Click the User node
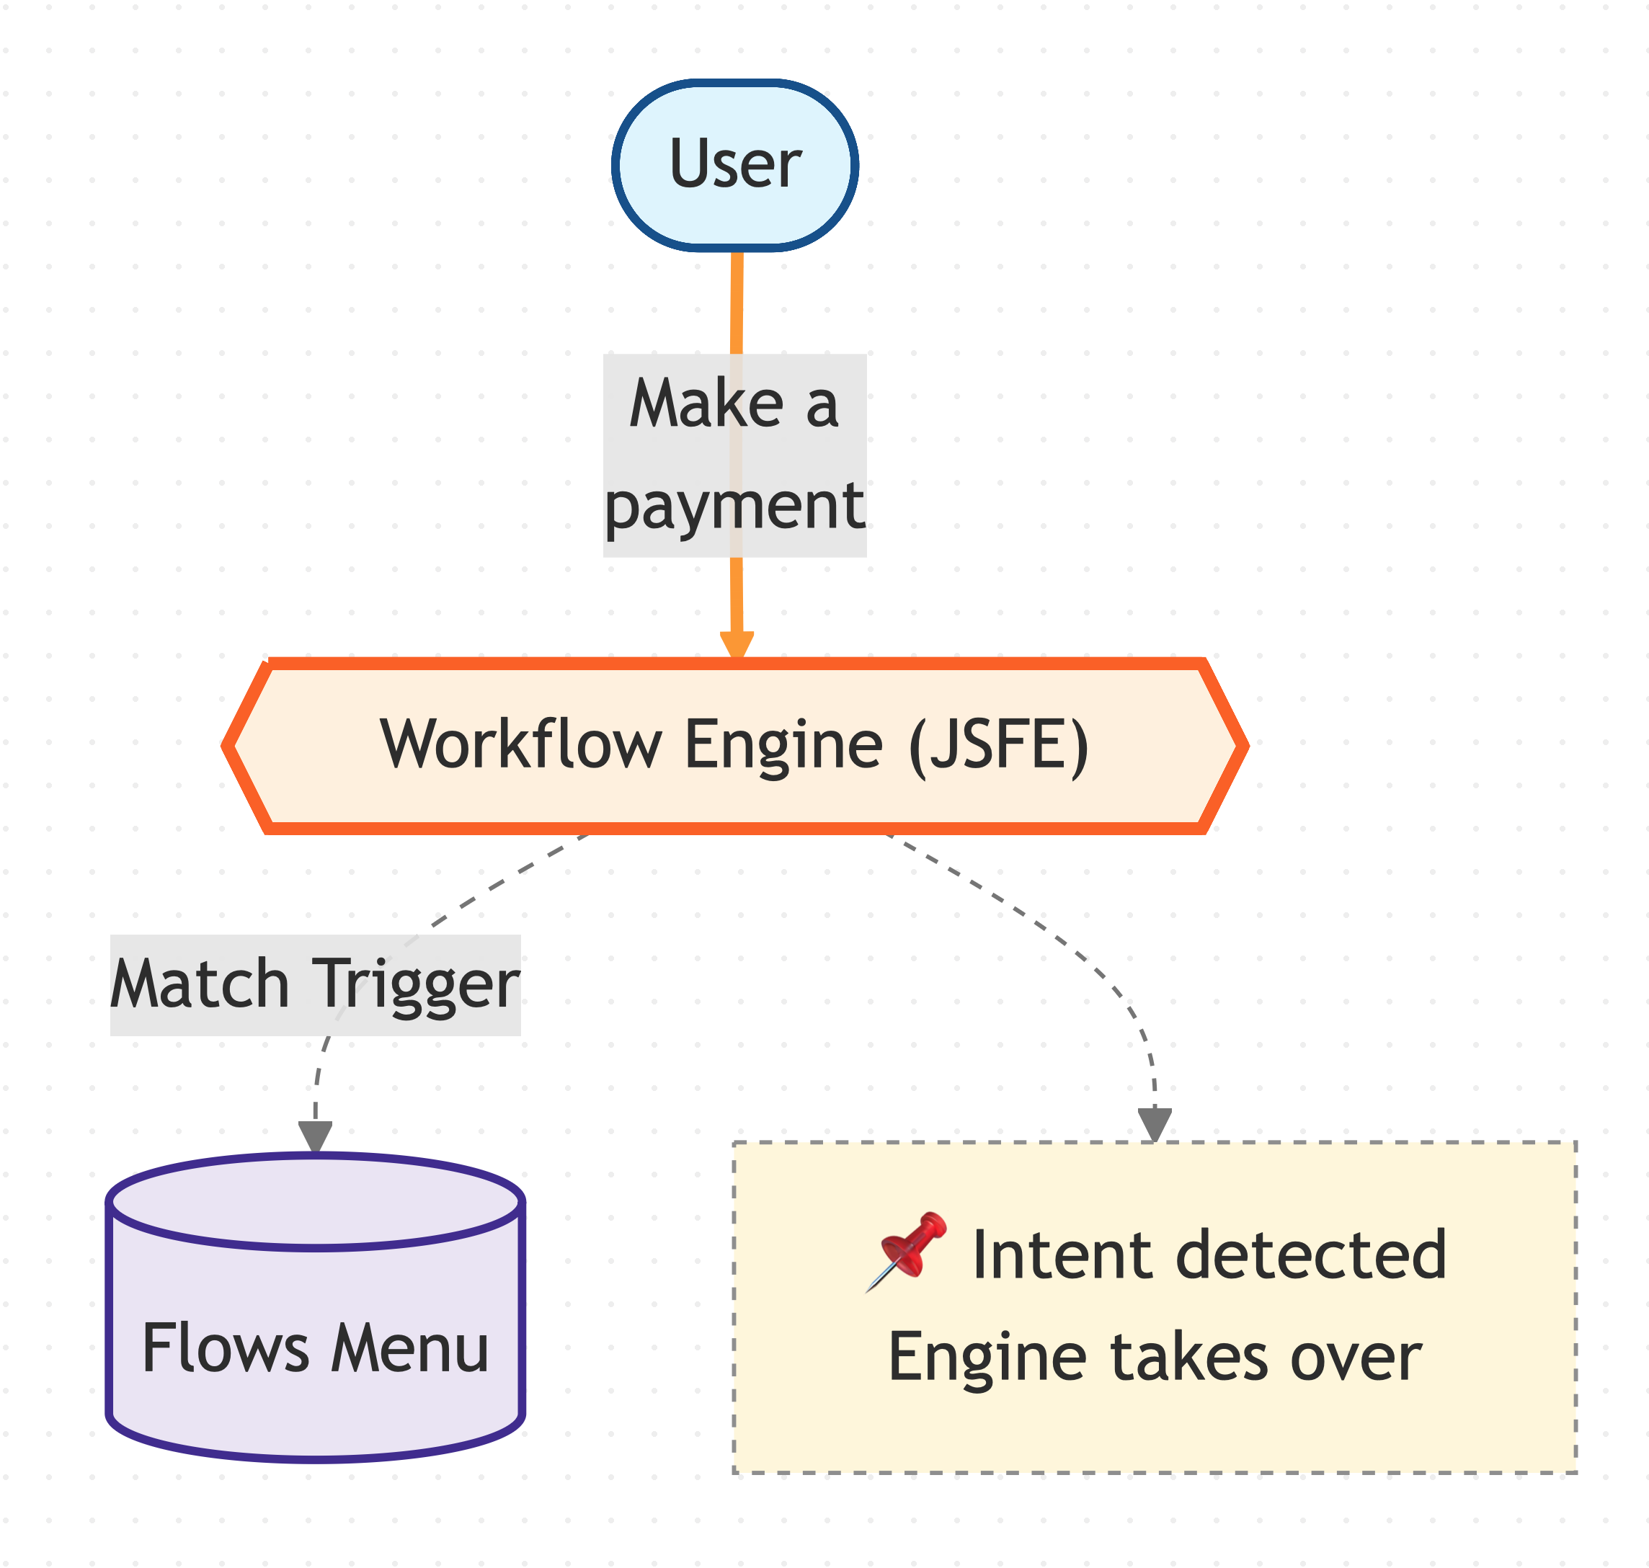[x=734, y=165]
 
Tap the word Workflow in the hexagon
[x=520, y=744]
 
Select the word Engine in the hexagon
[x=783, y=744]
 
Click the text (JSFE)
[x=999, y=744]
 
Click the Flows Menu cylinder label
[x=315, y=1348]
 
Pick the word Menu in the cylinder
[x=409, y=1348]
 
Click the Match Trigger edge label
[x=315, y=984]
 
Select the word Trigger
[x=415, y=984]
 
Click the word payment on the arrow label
[x=734, y=506]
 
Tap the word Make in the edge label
[x=706, y=404]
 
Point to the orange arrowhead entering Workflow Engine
[x=737, y=645]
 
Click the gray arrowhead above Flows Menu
[x=315, y=1136]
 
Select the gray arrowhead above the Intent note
[x=1154, y=1124]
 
